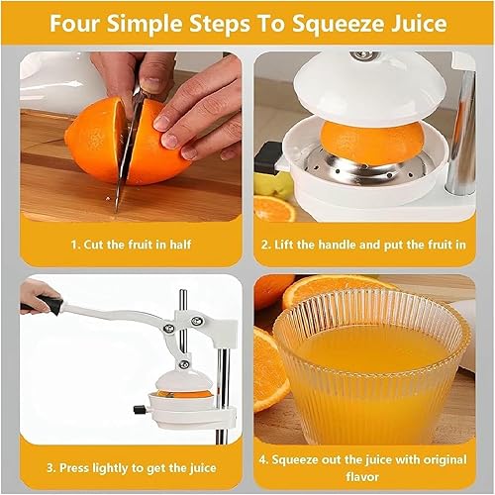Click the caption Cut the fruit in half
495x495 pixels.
(x=131, y=245)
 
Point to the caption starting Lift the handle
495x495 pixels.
(x=364, y=245)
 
